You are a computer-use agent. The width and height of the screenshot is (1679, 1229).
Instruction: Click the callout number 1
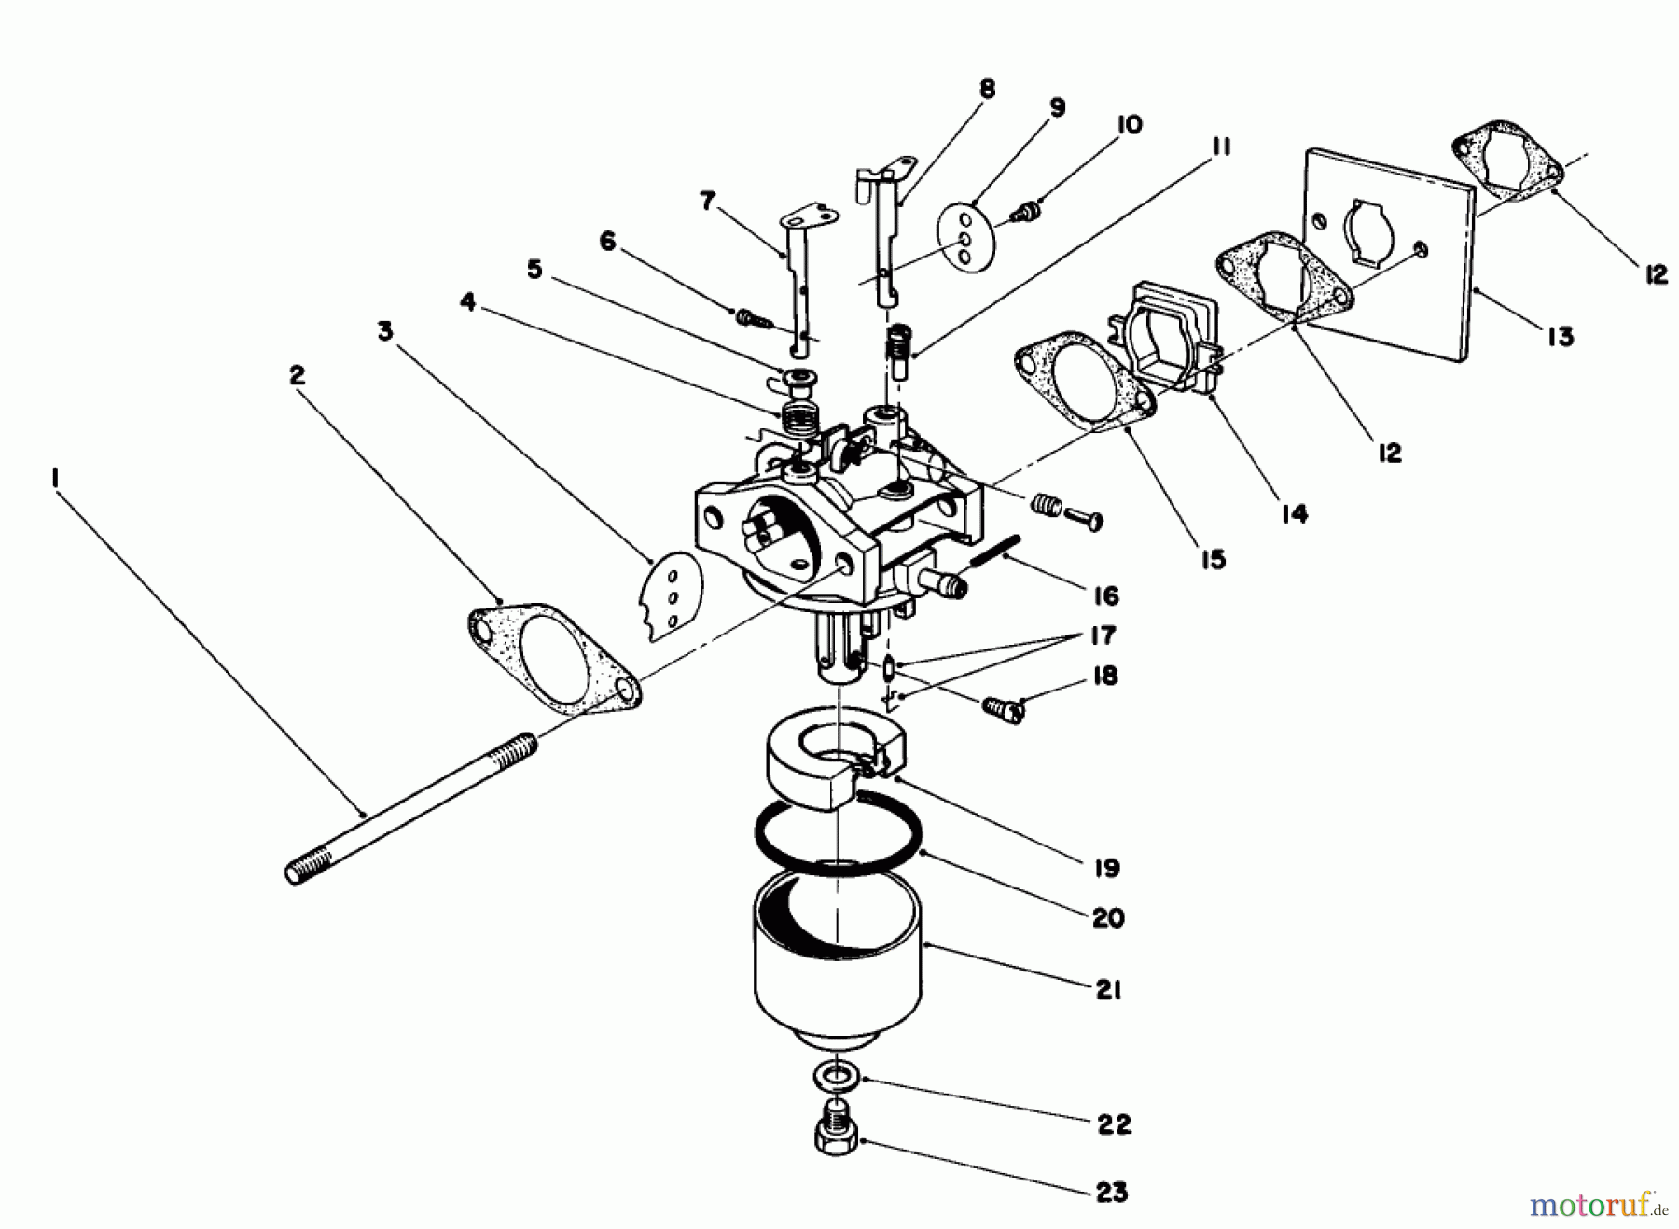click(x=55, y=478)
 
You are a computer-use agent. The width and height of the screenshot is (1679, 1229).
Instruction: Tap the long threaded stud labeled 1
click(x=410, y=804)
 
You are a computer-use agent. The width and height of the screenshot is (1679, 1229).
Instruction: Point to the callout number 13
click(x=1560, y=336)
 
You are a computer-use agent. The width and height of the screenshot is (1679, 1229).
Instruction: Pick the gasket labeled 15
click(x=1082, y=387)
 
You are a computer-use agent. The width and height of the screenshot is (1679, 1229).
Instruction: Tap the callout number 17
click(x=1103, y=635)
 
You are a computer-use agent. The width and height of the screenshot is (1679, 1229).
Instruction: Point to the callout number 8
click(x=987, y=89)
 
